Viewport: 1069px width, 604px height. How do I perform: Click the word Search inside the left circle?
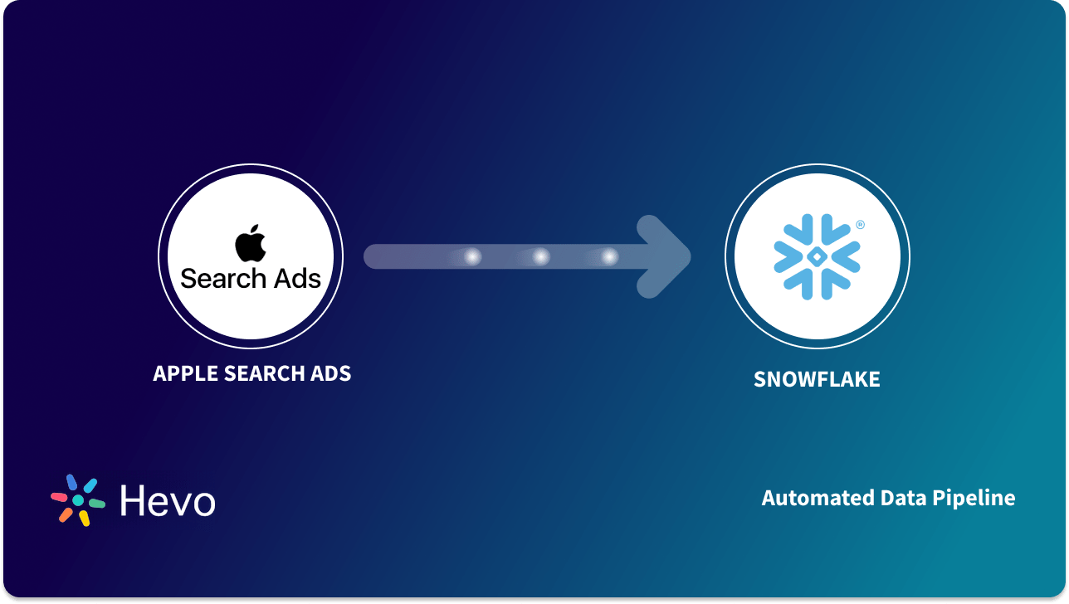pos(222,279)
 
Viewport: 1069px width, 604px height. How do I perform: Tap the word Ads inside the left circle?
pos(295,279)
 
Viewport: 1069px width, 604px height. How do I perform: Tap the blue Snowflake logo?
pos(817,256)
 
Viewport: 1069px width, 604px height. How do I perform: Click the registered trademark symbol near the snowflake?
pos(860,225)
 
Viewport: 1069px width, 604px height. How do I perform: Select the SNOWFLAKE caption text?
pos(817,380)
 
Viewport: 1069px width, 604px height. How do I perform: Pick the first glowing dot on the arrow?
pos(472,257)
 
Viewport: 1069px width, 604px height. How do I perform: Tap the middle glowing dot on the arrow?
pos(541,257)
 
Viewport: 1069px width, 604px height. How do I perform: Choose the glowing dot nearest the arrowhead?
pos(609,257)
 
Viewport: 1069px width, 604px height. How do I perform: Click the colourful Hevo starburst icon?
pos(78,500)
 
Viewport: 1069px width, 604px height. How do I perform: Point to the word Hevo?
pos(168,501)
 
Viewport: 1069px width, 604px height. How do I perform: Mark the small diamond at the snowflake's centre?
pos(817,256)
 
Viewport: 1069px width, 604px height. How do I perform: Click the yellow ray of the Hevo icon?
pos(84,519)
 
